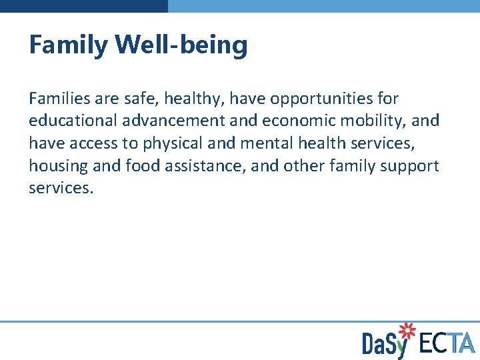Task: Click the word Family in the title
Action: pos(69,46)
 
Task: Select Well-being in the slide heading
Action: pos(181,46)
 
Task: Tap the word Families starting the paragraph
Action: pos(61,99)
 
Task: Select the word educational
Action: pos(74,121)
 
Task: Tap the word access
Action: pos(95,143)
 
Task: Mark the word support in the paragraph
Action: pos(409,165)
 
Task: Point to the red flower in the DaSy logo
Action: pos(406,330)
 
